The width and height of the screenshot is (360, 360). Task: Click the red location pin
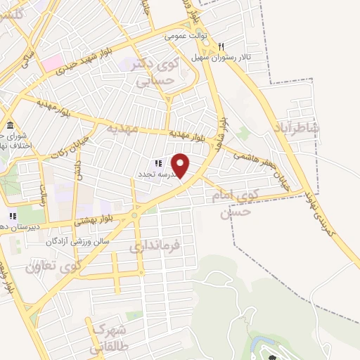coord(181,164)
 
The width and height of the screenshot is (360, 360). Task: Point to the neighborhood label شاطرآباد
coord(298,129)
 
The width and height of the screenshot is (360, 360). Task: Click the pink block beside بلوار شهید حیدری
coord(51,64)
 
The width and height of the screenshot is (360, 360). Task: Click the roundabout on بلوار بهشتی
coord(134,214)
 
